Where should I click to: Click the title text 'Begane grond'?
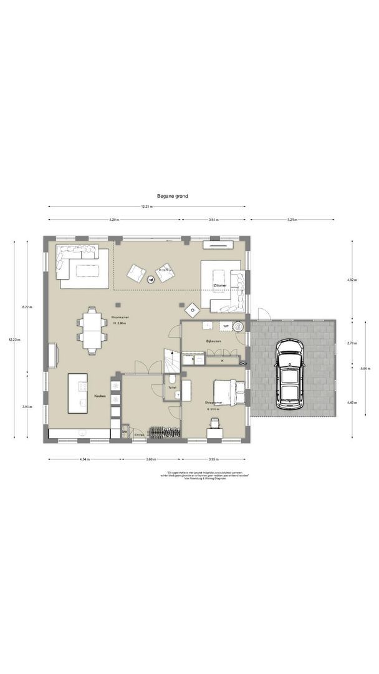(173, 195)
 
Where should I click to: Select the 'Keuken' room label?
(99, 396)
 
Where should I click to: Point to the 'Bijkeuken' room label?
(214, 341)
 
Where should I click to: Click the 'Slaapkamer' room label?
(214, 403)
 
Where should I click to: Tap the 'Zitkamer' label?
(219, 285)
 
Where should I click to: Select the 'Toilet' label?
(172, 387)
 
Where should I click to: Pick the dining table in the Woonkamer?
(92, 330)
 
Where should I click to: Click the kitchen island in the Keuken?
(80, 393)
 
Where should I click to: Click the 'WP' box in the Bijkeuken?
(225, 326)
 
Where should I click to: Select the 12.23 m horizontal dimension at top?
(146, 207)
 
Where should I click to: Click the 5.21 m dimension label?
(292, 220)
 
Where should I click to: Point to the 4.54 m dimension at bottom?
(84, 459)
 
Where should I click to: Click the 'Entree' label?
(139, 435)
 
